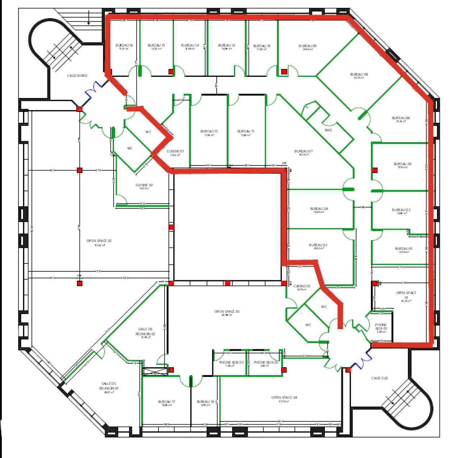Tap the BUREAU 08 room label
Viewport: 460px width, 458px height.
point(359,75)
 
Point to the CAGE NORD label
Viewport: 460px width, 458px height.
point(77,76)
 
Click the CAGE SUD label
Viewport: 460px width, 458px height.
point(379,378)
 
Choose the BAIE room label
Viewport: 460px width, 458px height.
point(328,130)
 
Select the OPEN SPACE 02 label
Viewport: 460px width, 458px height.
point(99,241)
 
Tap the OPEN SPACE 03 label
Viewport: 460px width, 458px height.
point(227,312)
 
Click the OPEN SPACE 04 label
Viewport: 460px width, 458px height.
point(284,397)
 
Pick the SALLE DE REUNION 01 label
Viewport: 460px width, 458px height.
point(109,386)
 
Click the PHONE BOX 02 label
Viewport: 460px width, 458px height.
point(231,363)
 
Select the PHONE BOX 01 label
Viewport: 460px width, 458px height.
point(381,327)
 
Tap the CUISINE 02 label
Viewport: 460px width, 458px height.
point(144,185)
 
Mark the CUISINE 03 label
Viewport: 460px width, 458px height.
point(302,286)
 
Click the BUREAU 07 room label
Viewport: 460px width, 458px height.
point(303,151)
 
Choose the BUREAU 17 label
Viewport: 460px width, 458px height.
point(167,402)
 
